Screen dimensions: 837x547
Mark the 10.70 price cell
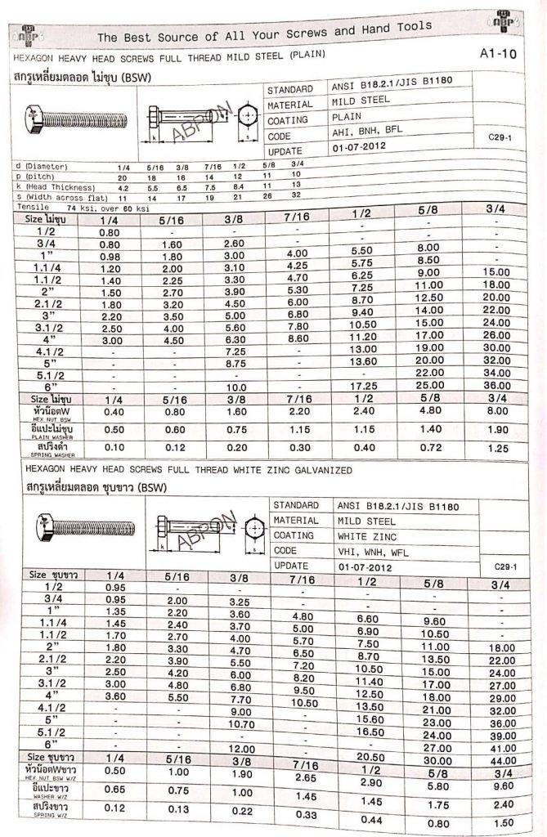click(x=238, y=723)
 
